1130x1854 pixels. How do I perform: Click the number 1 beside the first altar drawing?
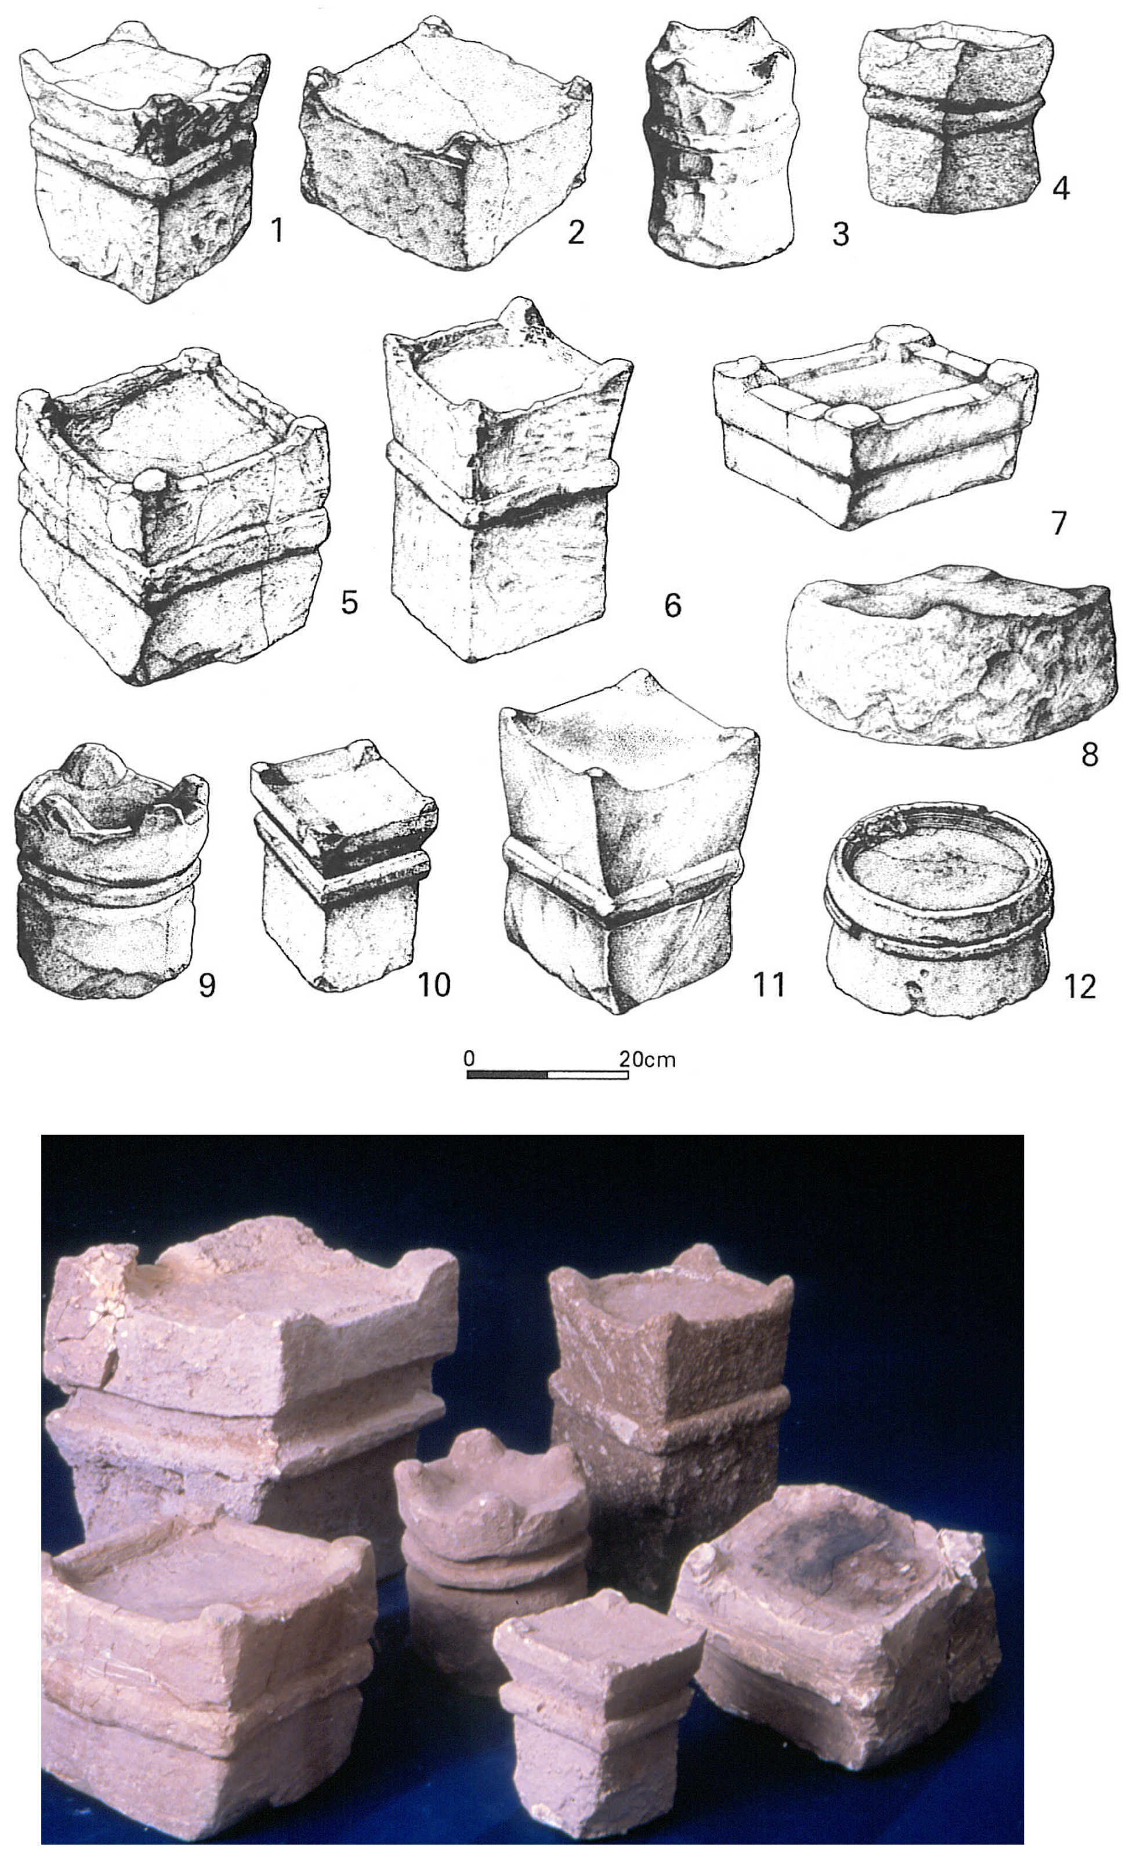click(278, 230)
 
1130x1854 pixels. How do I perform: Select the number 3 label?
click(841, 235)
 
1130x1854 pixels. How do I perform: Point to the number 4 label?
click(1061, 187)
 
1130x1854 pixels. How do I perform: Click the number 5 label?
click(349, 602)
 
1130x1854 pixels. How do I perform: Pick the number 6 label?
click(672, 604)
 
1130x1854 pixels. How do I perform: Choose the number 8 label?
click(1089, 753)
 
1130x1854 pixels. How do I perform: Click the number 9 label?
click(207, 984)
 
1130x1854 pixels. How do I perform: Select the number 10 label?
click(434, 984)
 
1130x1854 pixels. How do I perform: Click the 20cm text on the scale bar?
click(647, 1060)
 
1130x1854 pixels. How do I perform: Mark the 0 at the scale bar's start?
click(469, 1058)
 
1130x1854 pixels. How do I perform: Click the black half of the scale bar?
click(508, 1075)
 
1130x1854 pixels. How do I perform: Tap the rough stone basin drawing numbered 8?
click(948, 655)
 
